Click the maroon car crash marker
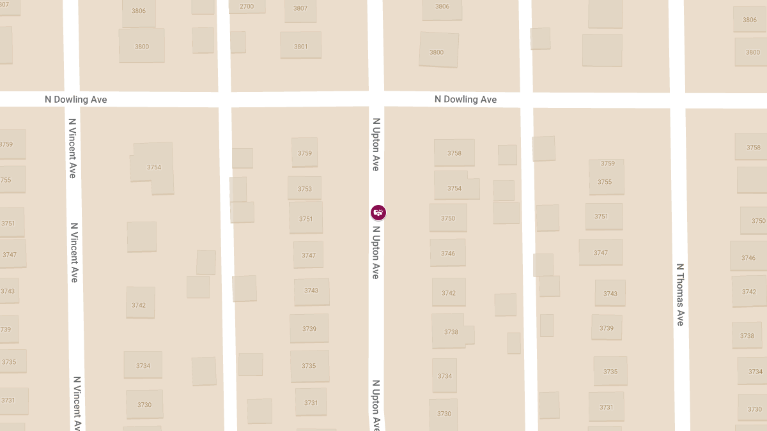pyautogui.click(x=378, y=213)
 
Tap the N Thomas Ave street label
pyautogui.click(x=680, y=294)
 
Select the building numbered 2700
pyautogui.click(x=247, y=6)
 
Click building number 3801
pyautogui.click(x=300, y=46)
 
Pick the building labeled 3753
pyautogui.click(x=305, y=188)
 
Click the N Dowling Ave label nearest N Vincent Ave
pyautogui.click(x=75, y=100)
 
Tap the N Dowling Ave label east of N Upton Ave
pyautogui.click(x=465, y=100)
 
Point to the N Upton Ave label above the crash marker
pyautogui.click(x=376, y=144)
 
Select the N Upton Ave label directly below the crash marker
pyautogui.click(x=376, y=252)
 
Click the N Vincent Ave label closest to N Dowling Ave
pyautogui.click(x=72, y=148)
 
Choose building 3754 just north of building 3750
pyautogui.click(x=454, y=188)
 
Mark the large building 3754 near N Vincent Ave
pyautogui.click(x=153, y=167)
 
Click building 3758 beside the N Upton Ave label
pyautogui.click(x=454, y=153)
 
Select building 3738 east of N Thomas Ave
pyautogui.click(x=747, y=335)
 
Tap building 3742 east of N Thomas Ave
pyautogui.click(x=748, y=291)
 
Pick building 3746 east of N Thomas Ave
pyautogui.click(x=748, y=257)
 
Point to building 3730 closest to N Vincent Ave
pyautogui.click(x=144, y=404)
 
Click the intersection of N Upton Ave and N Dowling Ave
pyautogui.click(x=376, y=99)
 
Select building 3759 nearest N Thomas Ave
pyautogui.click(x=607, y=163)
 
